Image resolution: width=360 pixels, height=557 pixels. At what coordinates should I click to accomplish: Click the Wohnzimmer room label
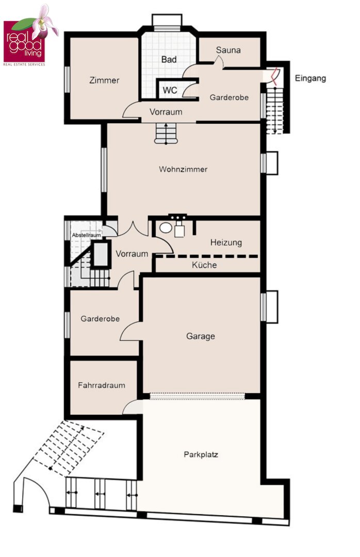[183, 169]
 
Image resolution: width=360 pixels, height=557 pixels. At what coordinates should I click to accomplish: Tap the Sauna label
[228, 50]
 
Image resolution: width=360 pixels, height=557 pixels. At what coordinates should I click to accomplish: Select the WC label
[170, 90]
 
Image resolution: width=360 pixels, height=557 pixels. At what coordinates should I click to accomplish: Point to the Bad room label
[169, 59]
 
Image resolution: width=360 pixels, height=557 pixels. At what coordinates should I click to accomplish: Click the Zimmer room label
[104, 80]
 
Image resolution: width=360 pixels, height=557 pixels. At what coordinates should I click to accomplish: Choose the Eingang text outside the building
[310, 78]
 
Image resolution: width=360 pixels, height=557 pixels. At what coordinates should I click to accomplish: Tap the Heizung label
[226, 242]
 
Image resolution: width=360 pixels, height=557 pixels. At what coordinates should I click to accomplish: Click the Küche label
[204, 265]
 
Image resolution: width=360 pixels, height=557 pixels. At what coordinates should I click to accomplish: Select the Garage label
[201, 336]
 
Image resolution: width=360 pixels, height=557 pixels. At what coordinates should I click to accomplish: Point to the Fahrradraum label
[102, 385]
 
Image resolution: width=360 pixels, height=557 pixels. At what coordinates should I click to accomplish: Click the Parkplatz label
[201, 454]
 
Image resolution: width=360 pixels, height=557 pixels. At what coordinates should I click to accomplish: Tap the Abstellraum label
[86, 235]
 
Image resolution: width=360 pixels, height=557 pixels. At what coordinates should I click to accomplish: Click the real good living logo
[30, 36]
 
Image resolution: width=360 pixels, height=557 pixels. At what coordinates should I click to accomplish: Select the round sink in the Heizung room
[166, 228]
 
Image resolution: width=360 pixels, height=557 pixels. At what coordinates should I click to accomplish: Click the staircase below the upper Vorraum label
[166, 134]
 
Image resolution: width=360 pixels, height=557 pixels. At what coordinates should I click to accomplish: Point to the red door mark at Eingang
[274, 76]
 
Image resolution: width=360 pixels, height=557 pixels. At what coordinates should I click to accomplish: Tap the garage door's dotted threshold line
[197, 396]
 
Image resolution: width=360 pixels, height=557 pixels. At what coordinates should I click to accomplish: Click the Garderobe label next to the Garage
[100, 319]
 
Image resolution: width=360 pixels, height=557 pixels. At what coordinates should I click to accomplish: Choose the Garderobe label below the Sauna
[229, 97]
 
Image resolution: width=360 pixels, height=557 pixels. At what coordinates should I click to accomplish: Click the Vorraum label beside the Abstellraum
[132, 254]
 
